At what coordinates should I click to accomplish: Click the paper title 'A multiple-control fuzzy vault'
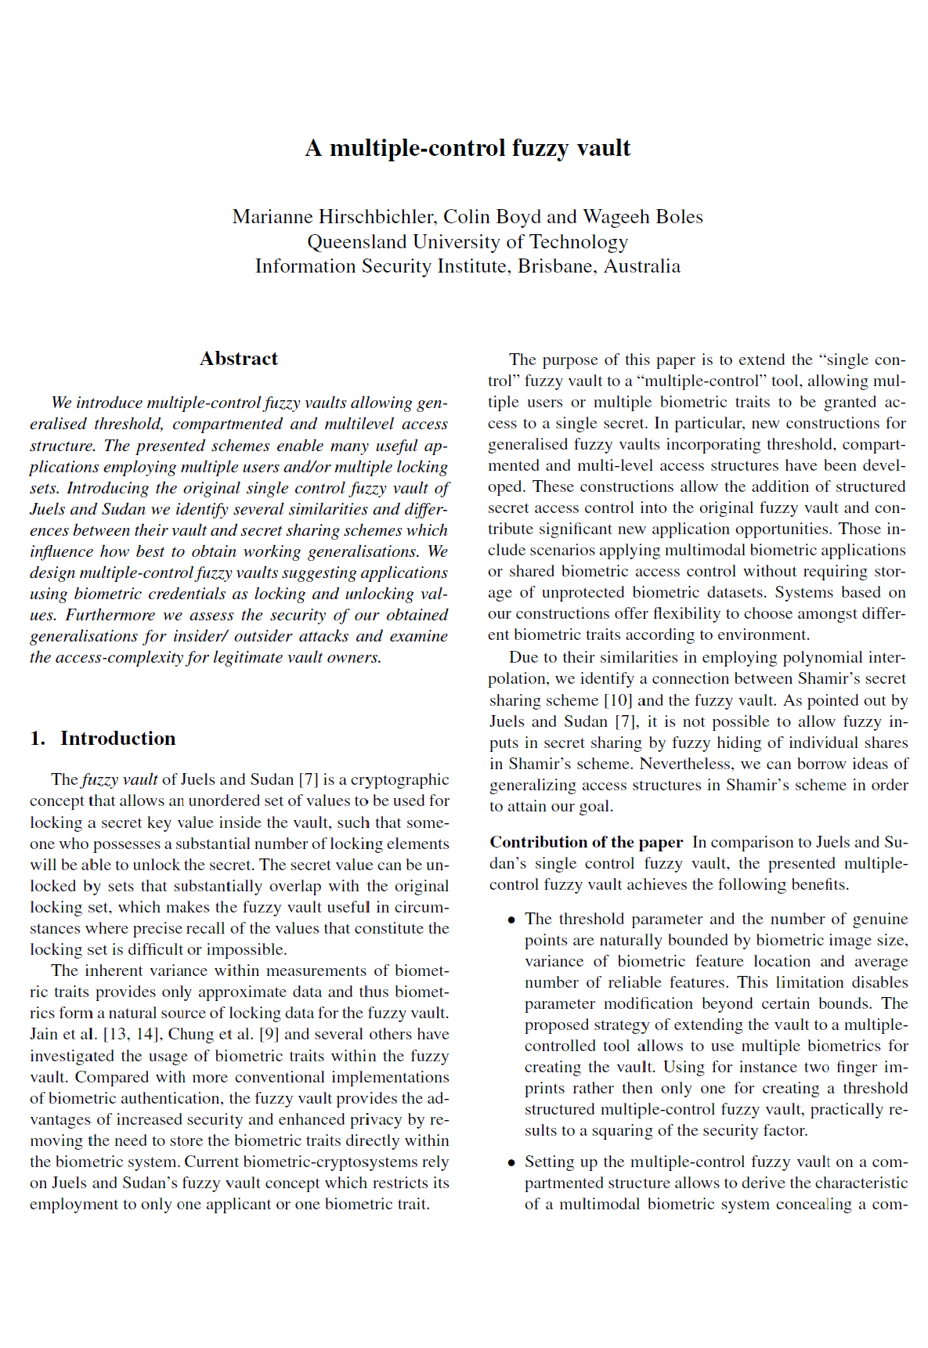(x=468, y=148)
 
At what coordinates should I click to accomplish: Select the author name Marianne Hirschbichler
(x=333, y=217)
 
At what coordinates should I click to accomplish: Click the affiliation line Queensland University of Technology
(x=468, y=242)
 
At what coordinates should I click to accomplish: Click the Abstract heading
(x=239, y=359)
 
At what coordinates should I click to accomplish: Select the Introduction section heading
(x=118, y=739)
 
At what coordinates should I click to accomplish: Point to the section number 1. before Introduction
(x=38, y=739)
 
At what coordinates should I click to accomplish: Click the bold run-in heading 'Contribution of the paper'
(x=586, y=842)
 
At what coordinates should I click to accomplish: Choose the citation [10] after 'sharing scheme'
(x=618, y=700)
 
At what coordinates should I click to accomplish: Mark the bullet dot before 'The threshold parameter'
(x=511, y=920)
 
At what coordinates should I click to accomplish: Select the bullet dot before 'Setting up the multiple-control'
(x=511, y=1162)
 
